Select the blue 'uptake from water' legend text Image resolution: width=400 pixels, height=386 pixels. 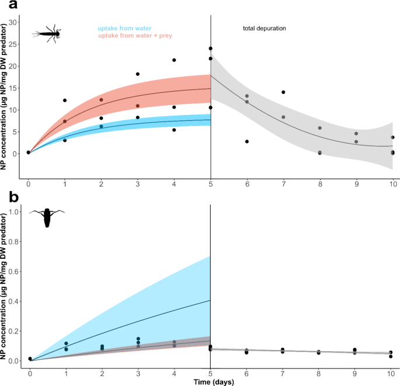coord(124,28)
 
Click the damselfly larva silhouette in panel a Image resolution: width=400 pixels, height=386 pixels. coord(47,33)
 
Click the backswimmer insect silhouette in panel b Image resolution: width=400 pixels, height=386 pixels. coord(47,217)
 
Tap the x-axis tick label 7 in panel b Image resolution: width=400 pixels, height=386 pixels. coord(283,371)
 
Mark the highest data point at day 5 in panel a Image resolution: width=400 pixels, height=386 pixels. coord(210,48)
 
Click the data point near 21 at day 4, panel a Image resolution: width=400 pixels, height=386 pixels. coord(174,60)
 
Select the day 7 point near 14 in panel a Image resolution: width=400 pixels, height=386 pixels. coord(283,92)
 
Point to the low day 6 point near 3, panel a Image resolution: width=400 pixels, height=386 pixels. coord(247,141)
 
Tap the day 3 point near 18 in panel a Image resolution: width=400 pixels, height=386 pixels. coord(138,74)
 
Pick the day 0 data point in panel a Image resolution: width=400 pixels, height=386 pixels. coord(29,152)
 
